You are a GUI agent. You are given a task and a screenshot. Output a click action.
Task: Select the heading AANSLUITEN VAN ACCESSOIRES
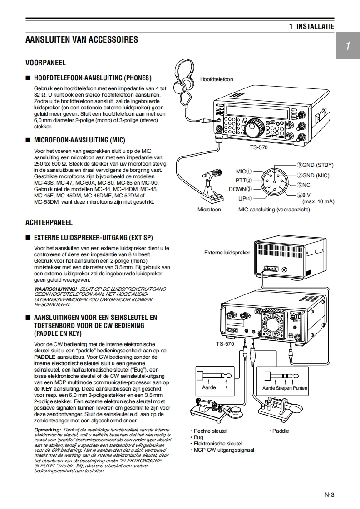(82, 40)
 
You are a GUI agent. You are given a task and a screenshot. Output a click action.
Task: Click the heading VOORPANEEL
(45, 63)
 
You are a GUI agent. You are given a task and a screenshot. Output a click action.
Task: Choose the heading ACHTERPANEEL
(49, 222)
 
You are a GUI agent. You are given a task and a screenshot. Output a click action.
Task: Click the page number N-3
(329, 494)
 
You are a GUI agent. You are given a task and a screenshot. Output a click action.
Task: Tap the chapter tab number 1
(347, 46)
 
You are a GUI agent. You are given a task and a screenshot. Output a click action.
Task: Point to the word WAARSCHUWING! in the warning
(55, 289)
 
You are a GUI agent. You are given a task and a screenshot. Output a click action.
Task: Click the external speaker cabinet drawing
(291, 259)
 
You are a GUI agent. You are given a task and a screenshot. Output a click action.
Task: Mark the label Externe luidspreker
(227, 253)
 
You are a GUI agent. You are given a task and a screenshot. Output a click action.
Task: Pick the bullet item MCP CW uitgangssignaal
(224, 450)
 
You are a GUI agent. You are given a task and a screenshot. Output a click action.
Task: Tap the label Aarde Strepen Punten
(285, 388)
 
